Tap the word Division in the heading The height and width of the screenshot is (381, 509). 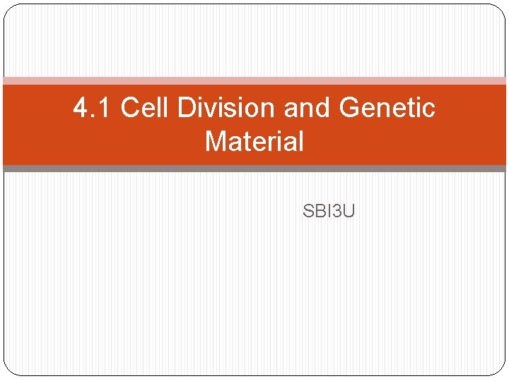(x=226, y=108)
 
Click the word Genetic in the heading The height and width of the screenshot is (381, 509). (x=387, y=108)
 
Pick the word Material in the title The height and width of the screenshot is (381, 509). (x=255, y=141)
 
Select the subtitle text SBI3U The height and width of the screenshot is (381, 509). (x=329, y=210)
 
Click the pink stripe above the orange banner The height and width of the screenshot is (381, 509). (x=255, y=80)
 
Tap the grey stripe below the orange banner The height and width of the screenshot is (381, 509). (x=255, y=169)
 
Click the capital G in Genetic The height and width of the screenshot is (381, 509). (x=349, y=108)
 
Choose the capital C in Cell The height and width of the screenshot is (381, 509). (x=129, y=108)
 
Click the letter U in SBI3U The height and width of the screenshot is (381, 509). (x=349, y=210)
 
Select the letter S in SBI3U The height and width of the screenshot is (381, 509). (x=308, y=210)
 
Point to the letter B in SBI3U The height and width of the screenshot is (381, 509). (x=319, y=210)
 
